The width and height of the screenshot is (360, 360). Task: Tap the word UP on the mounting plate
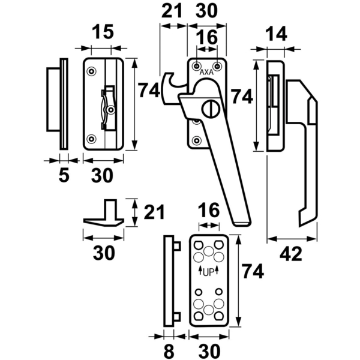click(208, 272)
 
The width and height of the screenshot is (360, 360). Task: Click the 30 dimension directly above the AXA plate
click(208, 11)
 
